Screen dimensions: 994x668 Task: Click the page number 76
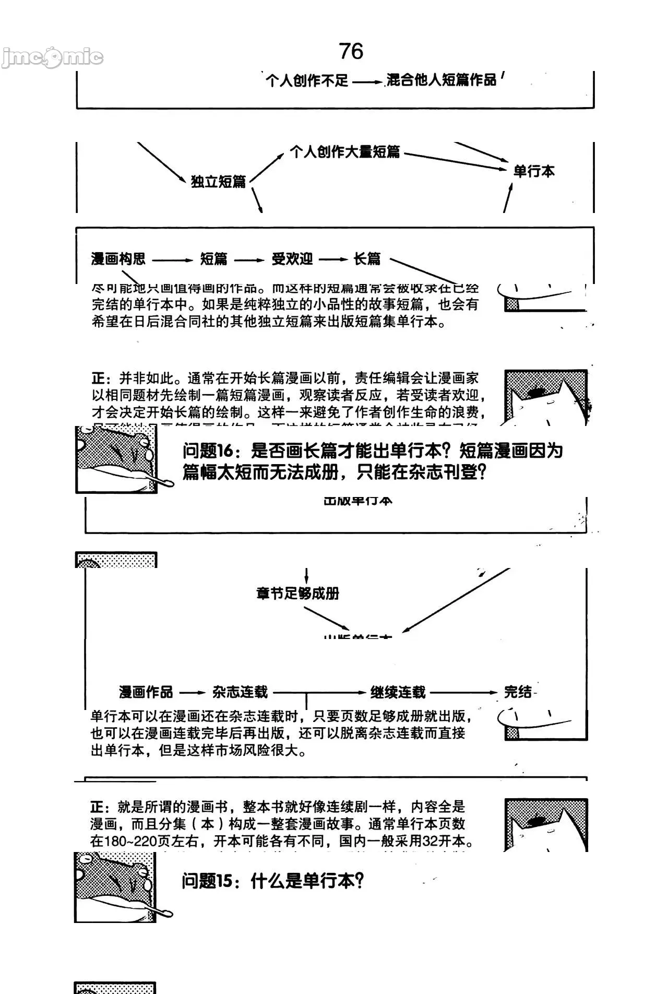coord(351,51)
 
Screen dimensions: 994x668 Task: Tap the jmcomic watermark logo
coord(52,57)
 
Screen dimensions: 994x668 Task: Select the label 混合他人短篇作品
coord(442,80)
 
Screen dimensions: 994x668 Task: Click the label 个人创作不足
coord(307,80)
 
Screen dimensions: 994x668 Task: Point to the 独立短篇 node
coord(218,182)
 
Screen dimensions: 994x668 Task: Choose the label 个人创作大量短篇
coord(345,152)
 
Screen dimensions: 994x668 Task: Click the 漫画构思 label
coord(118,259)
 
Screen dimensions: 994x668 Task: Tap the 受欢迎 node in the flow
coord(292,259)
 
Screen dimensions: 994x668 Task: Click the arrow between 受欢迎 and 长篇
coord(333,259)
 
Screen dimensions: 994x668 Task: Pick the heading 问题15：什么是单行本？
coord(272,881)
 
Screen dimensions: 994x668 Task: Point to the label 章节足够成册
coord(298,594)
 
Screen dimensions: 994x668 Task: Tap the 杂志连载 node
coord(240,692)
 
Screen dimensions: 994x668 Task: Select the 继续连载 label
coord(398,692)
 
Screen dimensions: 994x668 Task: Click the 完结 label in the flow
coord(518,692)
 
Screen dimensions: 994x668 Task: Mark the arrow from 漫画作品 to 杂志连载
coord(193,693)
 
